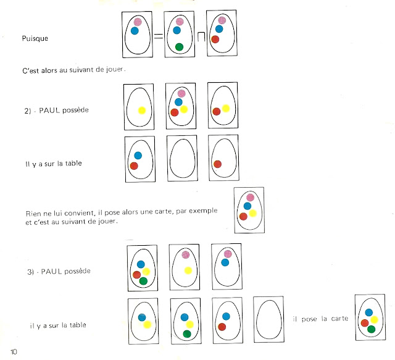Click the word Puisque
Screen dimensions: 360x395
35,38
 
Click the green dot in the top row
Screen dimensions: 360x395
179,47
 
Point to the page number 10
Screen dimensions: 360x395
14,352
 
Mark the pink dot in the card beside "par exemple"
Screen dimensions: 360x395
250,197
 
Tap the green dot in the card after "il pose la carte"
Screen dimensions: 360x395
372,329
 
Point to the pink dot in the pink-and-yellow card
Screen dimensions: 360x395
186,254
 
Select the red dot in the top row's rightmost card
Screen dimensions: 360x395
215,40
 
